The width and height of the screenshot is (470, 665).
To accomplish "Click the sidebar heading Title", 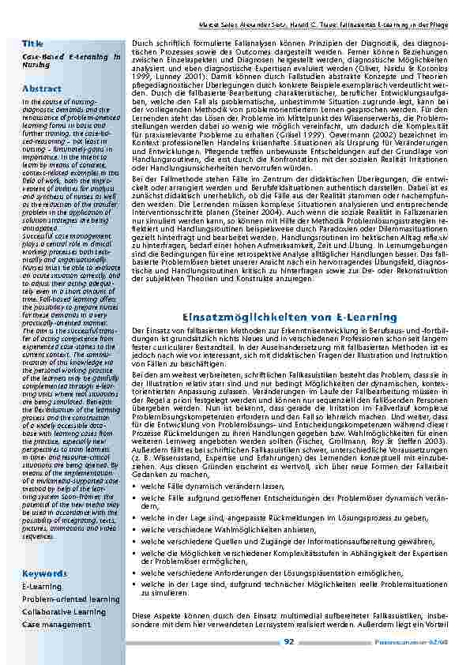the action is click(x=33, y=42).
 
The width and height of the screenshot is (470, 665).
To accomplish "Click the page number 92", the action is click(x=289, y=643).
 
